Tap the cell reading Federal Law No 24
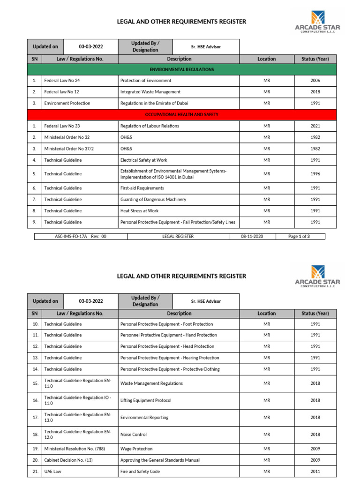(62, 81)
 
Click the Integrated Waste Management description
(150, 92)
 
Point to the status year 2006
(315, 81)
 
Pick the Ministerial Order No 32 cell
(67, 137)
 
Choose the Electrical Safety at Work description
(144, 160)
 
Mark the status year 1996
(315, 174)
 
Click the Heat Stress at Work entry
(139, 211)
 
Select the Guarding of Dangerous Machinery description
(153, 199)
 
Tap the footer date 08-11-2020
(252, 237)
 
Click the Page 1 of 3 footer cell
(299, 237)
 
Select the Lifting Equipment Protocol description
(146, 400)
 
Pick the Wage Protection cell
(136, 449)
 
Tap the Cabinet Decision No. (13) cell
(68, 460)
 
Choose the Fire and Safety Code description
(140, 472)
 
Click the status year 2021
(315, 126)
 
